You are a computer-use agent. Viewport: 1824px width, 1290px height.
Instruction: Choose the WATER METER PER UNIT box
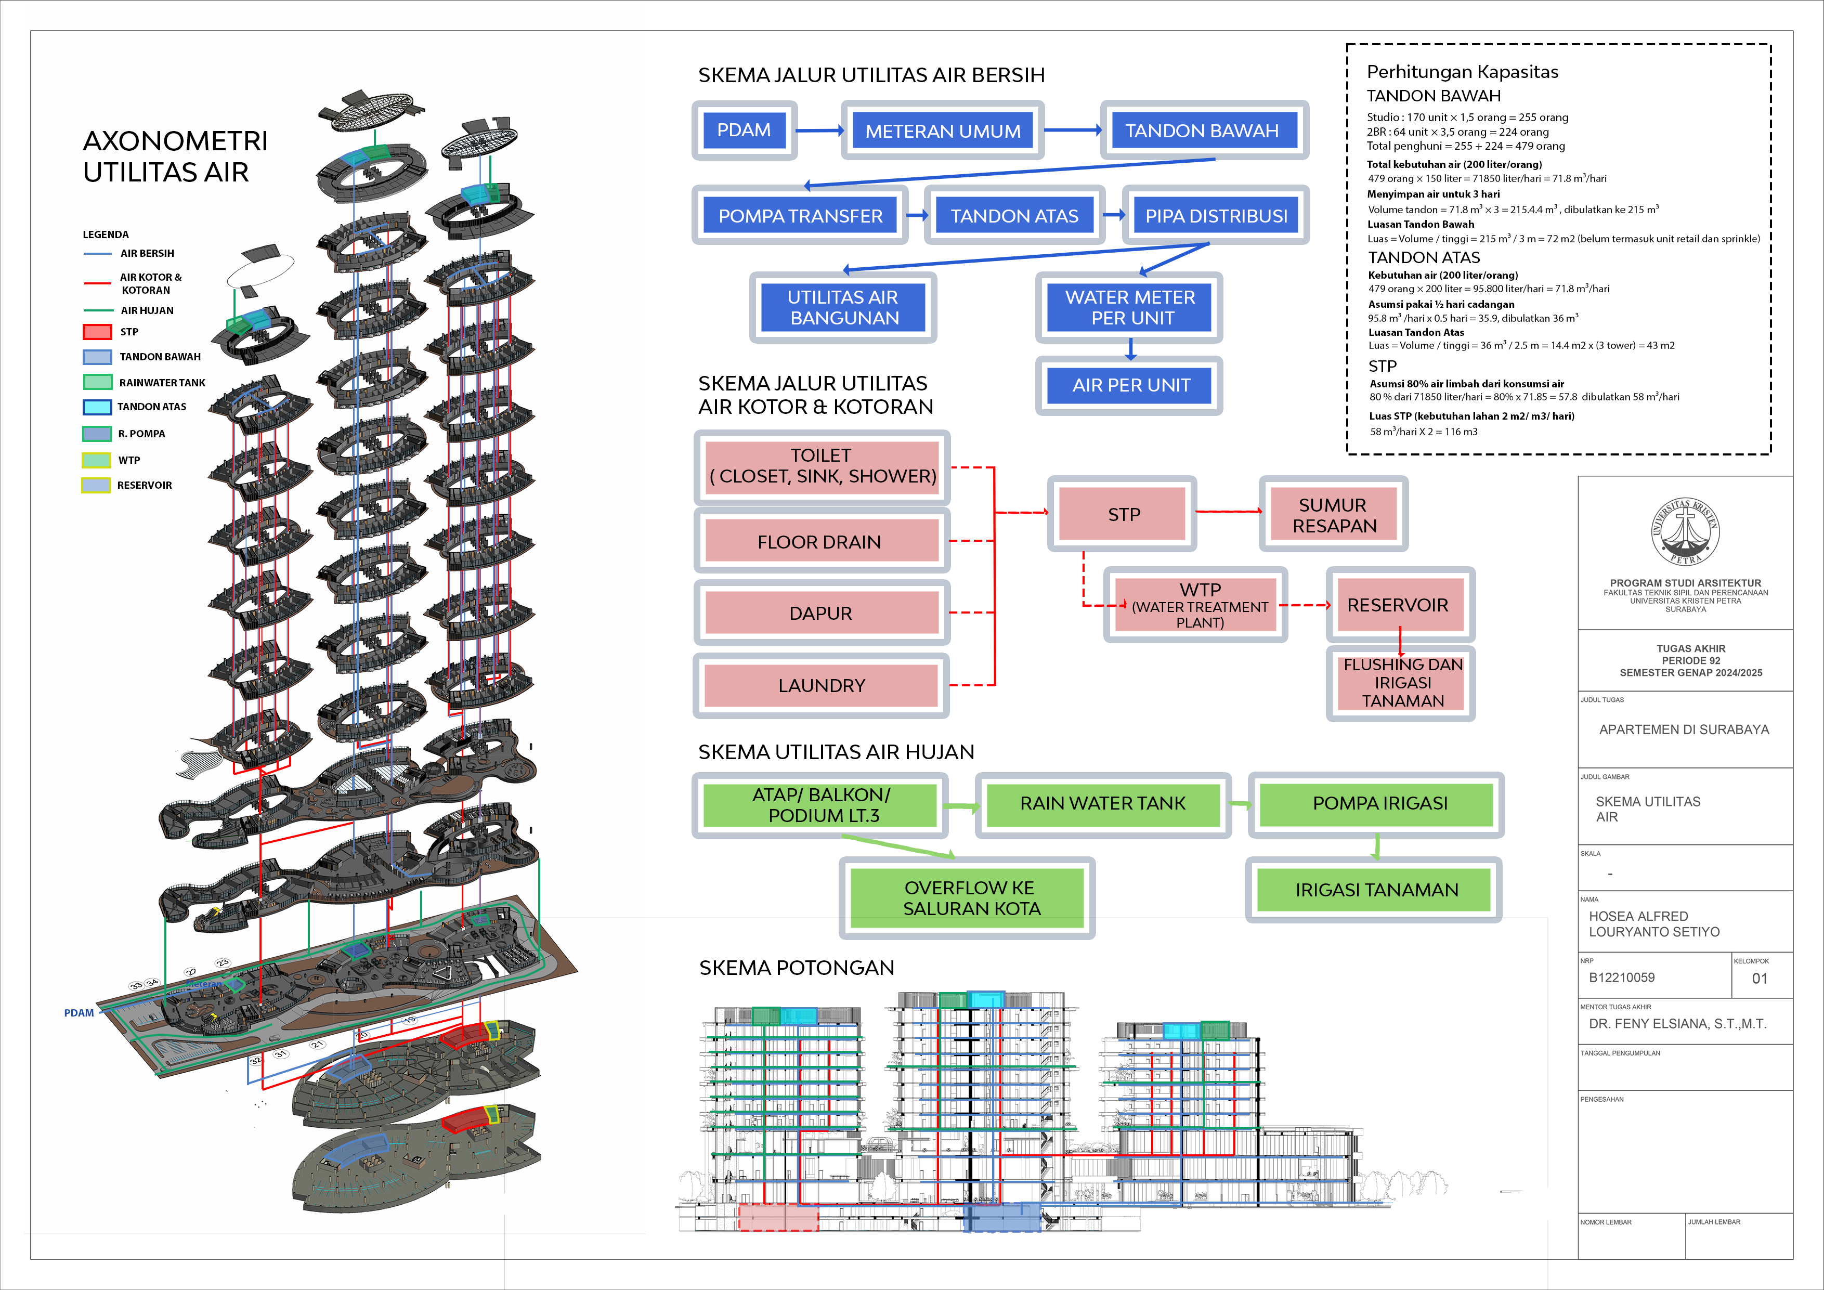[x=1130, y=307]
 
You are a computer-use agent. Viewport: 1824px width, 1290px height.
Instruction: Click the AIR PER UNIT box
[x=1130, y=385]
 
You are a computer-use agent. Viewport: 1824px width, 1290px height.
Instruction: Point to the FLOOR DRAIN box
[x=820, y=542]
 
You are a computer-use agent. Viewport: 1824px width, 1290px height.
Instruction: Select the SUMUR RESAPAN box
[x=1333, y=515]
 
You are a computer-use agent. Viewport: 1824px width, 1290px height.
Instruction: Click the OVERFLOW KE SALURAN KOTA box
[x=968, y=897]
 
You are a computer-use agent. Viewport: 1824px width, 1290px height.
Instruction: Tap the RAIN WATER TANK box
[x=1103, y=804]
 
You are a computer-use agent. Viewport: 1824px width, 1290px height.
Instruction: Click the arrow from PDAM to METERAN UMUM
[x=819, y=131]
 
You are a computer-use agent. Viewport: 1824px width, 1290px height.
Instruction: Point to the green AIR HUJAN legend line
[x=97, y=310]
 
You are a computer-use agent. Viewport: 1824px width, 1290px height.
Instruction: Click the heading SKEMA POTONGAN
[x=796, y=968]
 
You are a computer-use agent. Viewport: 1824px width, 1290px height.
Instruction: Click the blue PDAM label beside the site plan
[x=79, y=1013]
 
